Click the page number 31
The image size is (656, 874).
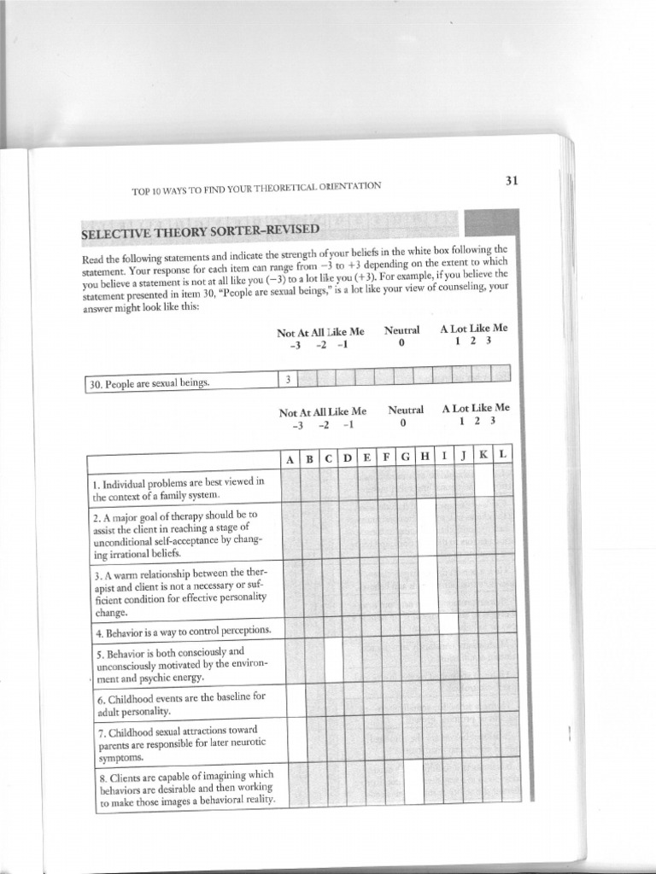coord(512,180)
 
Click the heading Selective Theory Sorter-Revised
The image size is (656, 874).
coord(201,232)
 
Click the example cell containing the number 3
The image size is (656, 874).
coord(289,380)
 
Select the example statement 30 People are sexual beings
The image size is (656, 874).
coord(150,384)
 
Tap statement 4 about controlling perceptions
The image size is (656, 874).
coord(183,632)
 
